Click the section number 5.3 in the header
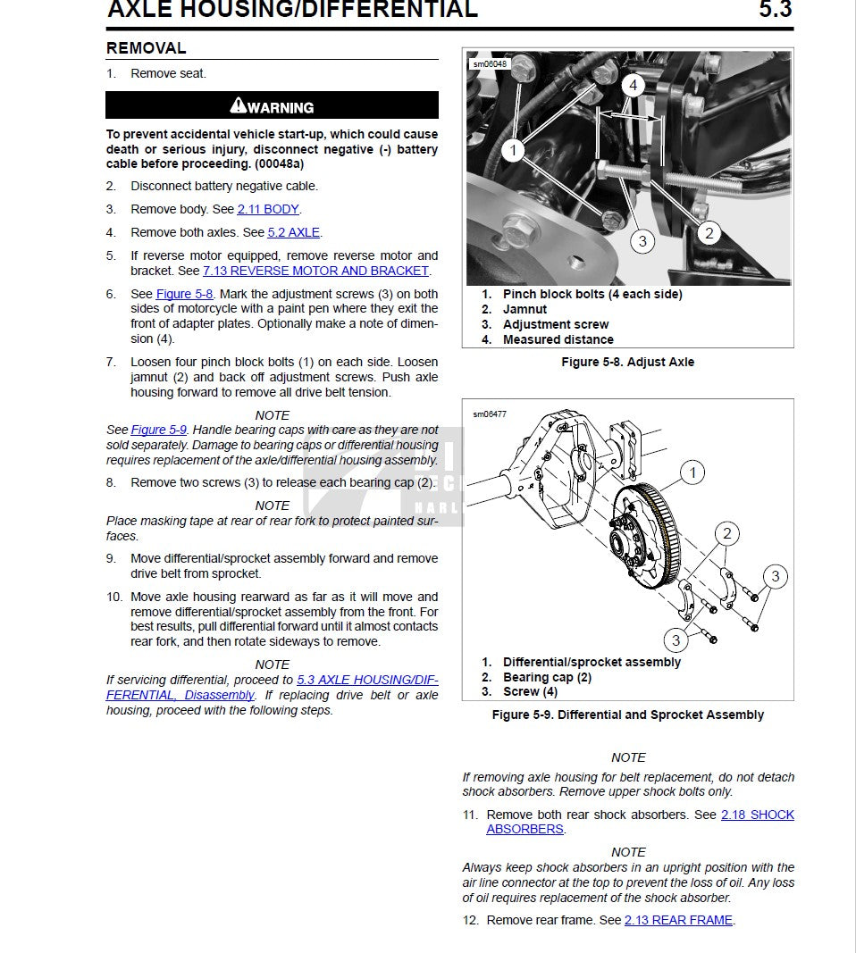[x=775, y=10]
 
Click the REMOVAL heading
[x=147, y=48]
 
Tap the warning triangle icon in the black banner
[x=238, y=106]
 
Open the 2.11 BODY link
[x=268, y=209]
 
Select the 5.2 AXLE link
[x=293, y=232]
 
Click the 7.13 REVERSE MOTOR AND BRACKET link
[x=315, y=271]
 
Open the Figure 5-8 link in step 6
[x=184, y=294]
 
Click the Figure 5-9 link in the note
[x=159, y=430]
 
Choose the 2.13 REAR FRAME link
[x=678, y=920]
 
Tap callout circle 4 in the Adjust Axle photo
[x=633, y=86]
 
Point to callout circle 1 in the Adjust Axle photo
[x=513, y=151]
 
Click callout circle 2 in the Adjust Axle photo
[x=709, y=234]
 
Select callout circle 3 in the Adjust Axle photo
[x=642, y=240]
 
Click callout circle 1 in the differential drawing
[x=692, y=472]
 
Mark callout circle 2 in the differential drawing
[x=727, y=534]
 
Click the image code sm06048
[x=490, y=64]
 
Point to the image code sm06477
[x=490, y=414]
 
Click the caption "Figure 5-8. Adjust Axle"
[x=627, y=362]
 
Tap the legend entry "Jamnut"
[x=525, y=309]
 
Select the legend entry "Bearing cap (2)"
[x=547, y=677]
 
